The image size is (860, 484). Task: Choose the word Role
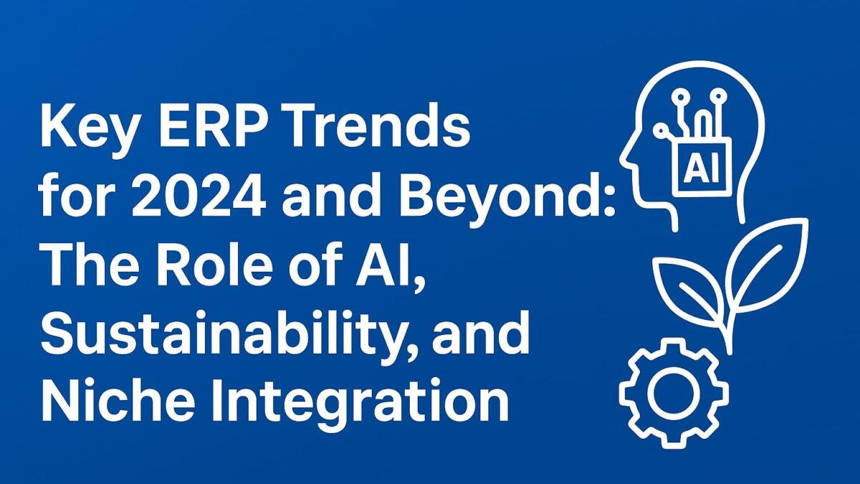point(207,263)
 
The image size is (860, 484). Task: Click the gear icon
point(674,392)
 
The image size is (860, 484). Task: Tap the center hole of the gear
point(674,392)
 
